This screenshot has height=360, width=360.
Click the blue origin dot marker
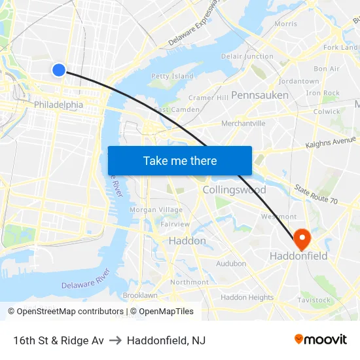(59, 69)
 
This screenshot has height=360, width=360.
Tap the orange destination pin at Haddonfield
(302, 239)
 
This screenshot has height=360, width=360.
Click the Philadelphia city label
(58, 105)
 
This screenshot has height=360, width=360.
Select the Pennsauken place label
(259, 96)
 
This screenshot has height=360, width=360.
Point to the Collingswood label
(234, 190)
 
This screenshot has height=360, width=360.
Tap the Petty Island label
(172, 77)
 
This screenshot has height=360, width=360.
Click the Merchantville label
(243, 123)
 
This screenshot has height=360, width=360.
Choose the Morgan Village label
(156, 210)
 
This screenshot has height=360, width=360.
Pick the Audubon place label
(231, 264)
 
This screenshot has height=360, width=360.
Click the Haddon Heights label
(247, 297)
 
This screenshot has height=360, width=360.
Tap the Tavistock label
(314, 300)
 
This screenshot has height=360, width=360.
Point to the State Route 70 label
(315, 195)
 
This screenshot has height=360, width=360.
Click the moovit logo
(321, 340)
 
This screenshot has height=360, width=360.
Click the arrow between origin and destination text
(115, 340)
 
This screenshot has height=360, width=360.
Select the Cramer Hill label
(208, 98)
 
